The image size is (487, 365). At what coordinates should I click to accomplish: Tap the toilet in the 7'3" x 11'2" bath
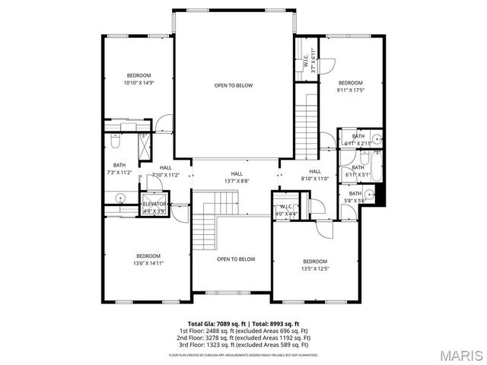pyautogui.click(x=113, y=141)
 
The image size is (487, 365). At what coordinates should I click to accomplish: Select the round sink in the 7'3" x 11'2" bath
pyautogui.click(x=120, y=198)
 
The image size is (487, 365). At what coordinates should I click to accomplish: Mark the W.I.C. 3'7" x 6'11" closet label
pyautogui.click(x=310, y=59)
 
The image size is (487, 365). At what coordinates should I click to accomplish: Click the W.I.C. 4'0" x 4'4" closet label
pyautogui.click(x=286, y=211)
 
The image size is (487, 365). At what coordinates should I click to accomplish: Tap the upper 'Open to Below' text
pyautogui.click(x=233, y=86)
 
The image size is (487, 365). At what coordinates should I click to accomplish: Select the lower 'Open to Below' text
pyautogui.click(x=236, y=259)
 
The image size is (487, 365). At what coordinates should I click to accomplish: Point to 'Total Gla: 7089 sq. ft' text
pyautogui.click(x=210, y=324)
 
